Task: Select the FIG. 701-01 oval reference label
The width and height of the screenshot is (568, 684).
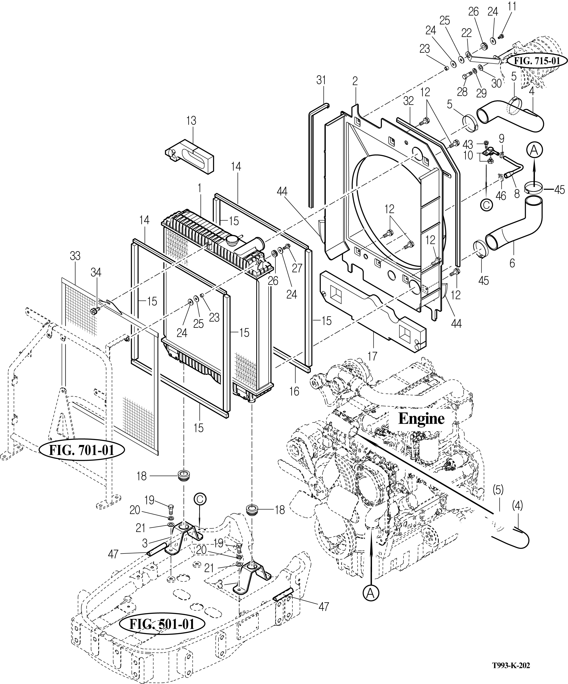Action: pos(82,450)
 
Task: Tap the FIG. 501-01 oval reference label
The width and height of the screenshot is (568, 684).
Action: pos(162,624)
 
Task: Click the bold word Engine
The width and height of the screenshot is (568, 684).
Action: pos(421,419)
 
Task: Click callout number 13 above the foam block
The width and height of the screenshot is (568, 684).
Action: pos(191,121)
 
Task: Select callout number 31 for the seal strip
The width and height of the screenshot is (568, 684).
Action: pos(321,80)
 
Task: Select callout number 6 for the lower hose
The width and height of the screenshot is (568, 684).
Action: pos(512,263)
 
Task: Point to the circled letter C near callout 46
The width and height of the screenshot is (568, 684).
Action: pos(486,204)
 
